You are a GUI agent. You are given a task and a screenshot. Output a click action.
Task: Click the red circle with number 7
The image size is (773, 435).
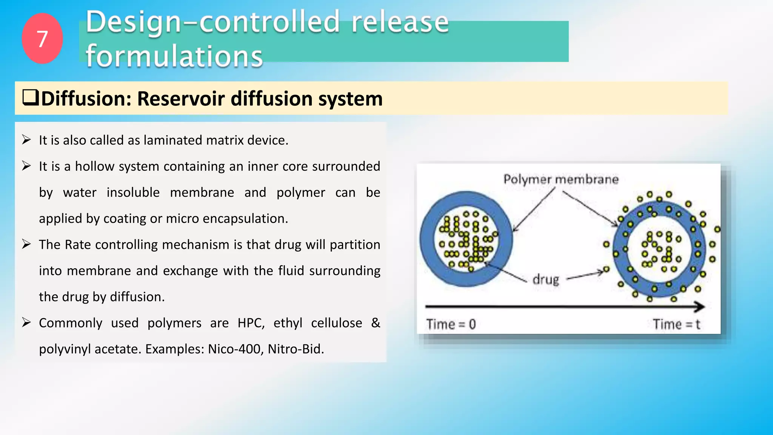pos(42,39)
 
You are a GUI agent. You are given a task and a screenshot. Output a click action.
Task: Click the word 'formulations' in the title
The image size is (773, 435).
pos(174,56)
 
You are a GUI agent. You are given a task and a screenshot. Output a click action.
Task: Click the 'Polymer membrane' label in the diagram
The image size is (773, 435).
pos(561,179)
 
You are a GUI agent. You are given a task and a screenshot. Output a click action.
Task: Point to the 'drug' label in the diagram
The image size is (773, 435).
pos(546,280)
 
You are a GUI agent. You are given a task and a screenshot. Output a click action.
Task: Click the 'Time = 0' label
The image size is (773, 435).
pos(451,324)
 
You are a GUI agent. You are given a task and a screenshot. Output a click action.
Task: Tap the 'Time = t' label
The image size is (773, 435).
pos(676,324)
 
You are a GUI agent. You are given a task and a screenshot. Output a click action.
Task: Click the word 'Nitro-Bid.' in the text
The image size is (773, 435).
pos(296,349)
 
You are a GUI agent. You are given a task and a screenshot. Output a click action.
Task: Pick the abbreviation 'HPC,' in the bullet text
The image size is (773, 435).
pos(251,323)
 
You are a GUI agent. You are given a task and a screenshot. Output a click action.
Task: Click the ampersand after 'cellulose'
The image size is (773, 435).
pos(376,323)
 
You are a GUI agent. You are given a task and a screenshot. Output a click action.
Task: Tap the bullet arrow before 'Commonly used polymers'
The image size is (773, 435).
pos(26,322)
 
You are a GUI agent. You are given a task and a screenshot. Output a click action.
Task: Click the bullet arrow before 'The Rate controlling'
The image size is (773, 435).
pos(26,244)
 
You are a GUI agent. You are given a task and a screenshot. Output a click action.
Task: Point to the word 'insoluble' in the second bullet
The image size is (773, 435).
pos(133,193)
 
